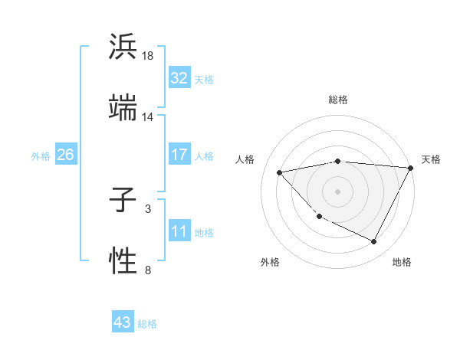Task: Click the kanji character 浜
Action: pos(123,47)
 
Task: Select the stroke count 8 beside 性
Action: pos(148,269)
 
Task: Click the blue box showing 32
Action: pos(179,78)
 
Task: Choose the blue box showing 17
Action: pos(179,155)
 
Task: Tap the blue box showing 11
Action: pos(179,231)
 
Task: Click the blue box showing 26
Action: pos(66,155)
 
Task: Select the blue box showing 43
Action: pos(123,323)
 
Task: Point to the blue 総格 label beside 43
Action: pos(148,324)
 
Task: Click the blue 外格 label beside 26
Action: pos(41,155)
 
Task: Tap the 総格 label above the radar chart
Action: pos(338,100)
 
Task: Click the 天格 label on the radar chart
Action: pos(431,159)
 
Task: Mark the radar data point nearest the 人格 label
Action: pos(280,172)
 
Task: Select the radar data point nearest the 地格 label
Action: pos(373,242)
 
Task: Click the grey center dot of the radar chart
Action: pos(338,191)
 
